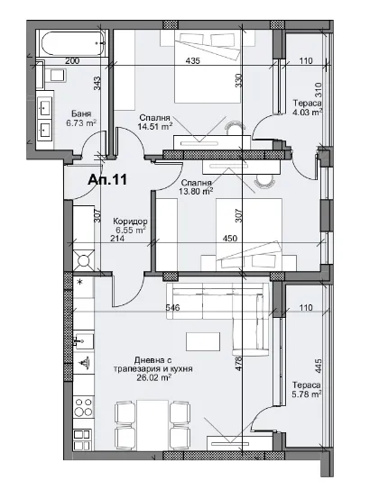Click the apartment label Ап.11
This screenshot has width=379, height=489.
pos(107,179)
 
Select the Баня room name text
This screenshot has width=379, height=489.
pos(79,113)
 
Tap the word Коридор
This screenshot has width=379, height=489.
pos(131,222)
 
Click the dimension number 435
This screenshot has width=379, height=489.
pos(192,60)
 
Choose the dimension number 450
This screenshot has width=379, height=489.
pos(255,239)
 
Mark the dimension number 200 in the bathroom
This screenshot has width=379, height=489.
pos(73,60)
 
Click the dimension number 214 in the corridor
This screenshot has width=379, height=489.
pos(116,239)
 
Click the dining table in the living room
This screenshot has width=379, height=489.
pos(153,424)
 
